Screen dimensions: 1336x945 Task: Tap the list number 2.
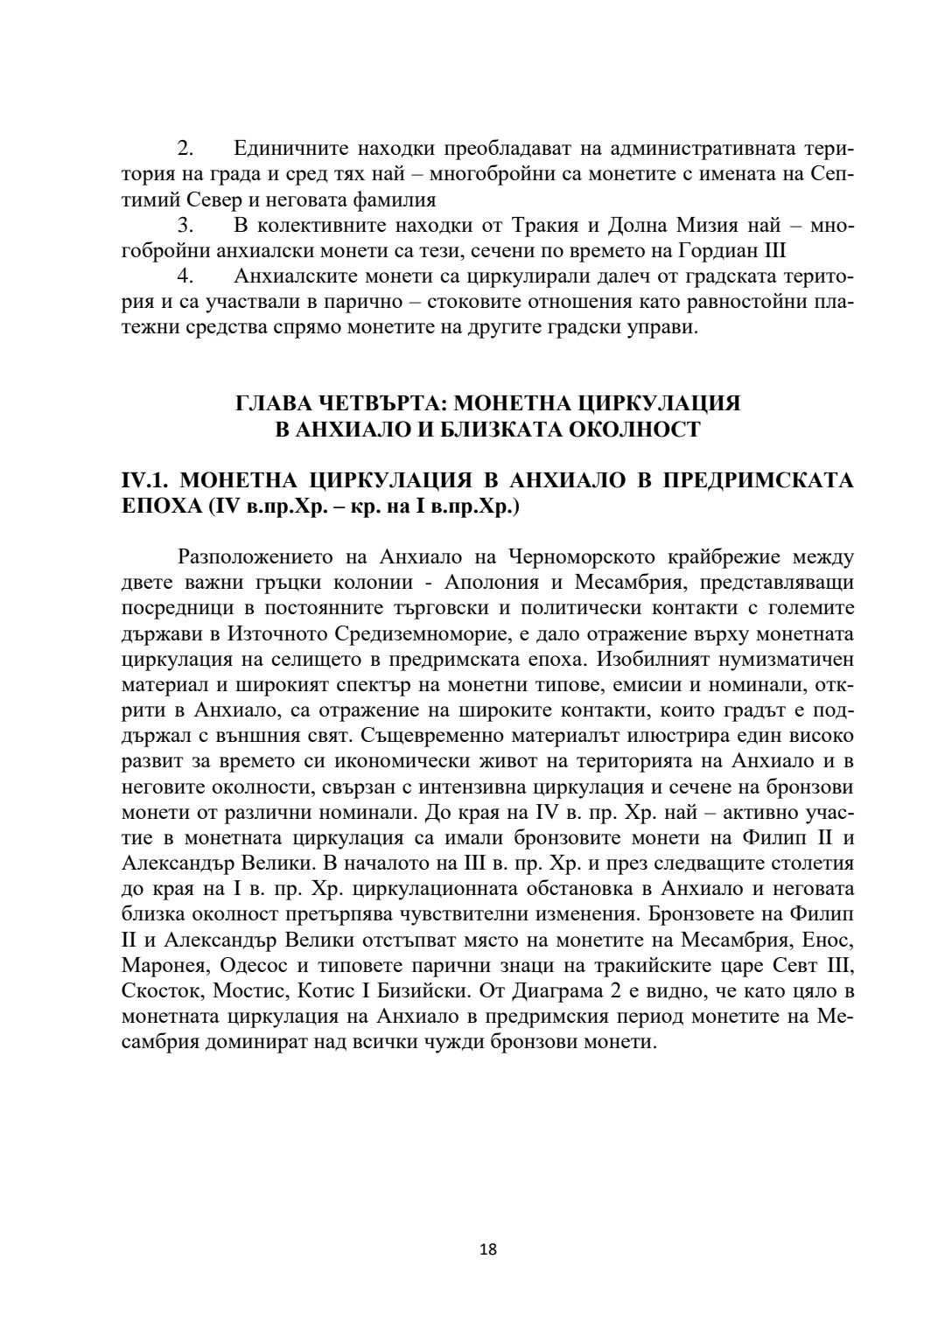185,149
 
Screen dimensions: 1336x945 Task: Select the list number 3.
185,226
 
